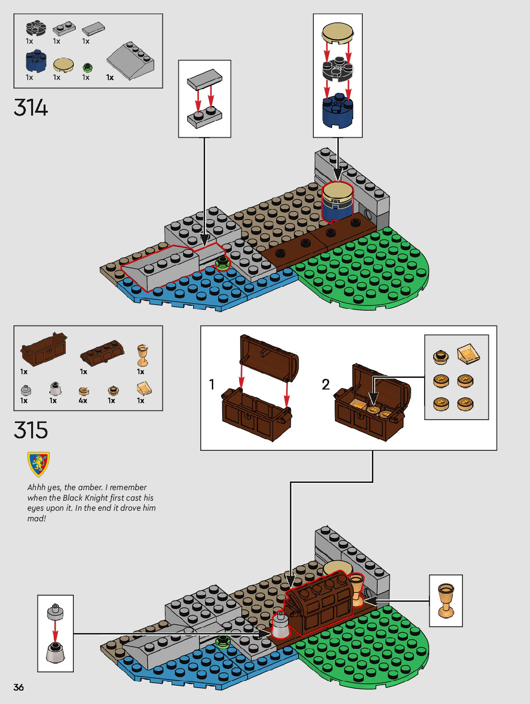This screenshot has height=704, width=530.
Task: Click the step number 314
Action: pyautogui.click(x=31, y=107)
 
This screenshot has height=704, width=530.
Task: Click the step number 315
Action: pyautogui.click(x=31, y=430)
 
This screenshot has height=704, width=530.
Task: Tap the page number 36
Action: pyautogui.click(x=19, y=687)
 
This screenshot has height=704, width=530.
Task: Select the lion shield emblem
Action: pyautogui.click(x=38, y=464)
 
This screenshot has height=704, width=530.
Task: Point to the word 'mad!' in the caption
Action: pyautogui.click(x=36, y=518)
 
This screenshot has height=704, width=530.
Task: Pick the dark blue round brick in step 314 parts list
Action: pyautogui.click(x=36, y=61)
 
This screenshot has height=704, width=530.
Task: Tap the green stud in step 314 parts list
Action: pyautogui.click(x=87, y=67)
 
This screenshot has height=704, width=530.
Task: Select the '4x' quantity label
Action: pyautogui.click(x=83, y=400)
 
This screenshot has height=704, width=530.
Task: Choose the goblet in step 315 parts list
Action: pyautogui.click(x=142, y=355)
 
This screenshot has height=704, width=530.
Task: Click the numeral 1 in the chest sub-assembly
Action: pyautogui.click(x=212, y=385)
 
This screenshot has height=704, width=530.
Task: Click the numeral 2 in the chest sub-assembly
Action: pyautogui.click(x=326, y=385)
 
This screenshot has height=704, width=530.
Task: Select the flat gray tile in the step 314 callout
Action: pyautogui.click(x=205, y=80)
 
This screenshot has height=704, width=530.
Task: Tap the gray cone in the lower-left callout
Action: pyautogui.click(x=55, y=653)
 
